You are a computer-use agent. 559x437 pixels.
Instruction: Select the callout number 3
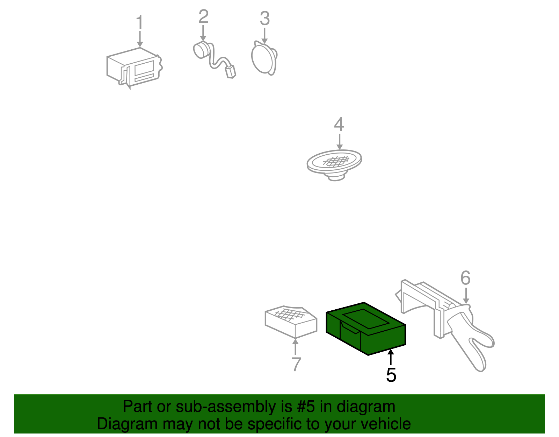click(x=265, y=18)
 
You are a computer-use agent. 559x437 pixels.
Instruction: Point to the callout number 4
click(x=339, y=124)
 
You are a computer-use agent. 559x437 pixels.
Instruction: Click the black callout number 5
click(x=391, y=375)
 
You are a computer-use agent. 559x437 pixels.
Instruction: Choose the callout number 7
click(x=296, y=364)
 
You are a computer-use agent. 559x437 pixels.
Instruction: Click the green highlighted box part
click(x=366, y=329)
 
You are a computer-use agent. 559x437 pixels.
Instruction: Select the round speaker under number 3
click(x=264, y=58)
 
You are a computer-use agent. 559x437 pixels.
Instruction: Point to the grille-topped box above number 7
click(x=291, y=322)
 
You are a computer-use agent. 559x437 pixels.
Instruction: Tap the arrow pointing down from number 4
click(x=340, y=142)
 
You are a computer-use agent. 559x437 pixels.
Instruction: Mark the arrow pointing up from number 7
click(x=295, y=347)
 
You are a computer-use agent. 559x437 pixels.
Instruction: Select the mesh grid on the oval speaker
click(x=336, y=161)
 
